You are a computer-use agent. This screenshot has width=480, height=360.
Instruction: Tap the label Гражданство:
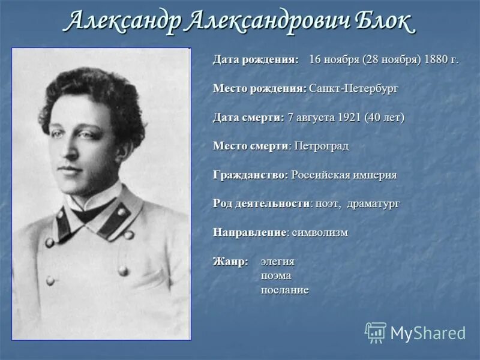(x=251, y=175)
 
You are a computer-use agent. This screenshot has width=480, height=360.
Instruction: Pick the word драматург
(x=376, y=203)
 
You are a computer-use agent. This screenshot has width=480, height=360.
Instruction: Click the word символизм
(x=320, y=232)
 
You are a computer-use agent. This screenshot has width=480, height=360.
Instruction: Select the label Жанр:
(x=230, y=262)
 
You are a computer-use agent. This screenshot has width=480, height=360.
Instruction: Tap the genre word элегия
(x=277, y=262)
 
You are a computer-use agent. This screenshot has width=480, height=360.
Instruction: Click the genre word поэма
(x=275, y=276)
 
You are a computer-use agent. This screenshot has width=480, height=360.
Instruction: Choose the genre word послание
(x=284, y=290)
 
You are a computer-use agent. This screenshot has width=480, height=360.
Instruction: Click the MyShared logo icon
(x=376, y=332)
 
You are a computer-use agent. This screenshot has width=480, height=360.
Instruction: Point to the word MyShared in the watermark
(x=428, y=333)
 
